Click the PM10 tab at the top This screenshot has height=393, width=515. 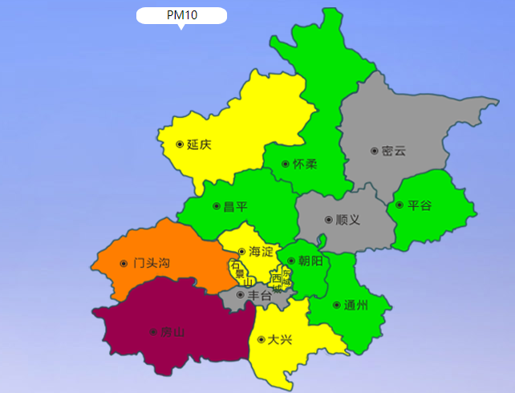coord(181,16)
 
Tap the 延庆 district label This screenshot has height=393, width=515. coord(199,145)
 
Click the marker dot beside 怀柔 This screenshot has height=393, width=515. coord(286,164)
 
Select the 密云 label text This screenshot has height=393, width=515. coord(394,151)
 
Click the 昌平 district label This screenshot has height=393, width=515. coord(235,206)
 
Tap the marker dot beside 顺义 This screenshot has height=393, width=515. coord(328,219)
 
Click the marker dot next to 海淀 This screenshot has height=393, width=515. coord(241,251)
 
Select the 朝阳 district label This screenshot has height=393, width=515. coord(310,261)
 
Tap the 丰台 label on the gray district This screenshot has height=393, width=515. coord(259,295)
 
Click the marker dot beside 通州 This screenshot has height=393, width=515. coord(335,305)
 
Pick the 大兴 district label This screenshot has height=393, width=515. coord(280,339)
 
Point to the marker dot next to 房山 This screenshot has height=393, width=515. coord(152,331)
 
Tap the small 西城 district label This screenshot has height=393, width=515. coord(277,282)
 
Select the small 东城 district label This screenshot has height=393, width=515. coord(287,278)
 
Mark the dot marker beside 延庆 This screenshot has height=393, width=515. coord(179,144)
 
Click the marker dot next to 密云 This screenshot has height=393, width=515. coord(374,151)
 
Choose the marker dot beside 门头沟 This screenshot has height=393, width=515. coord(124,263)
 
